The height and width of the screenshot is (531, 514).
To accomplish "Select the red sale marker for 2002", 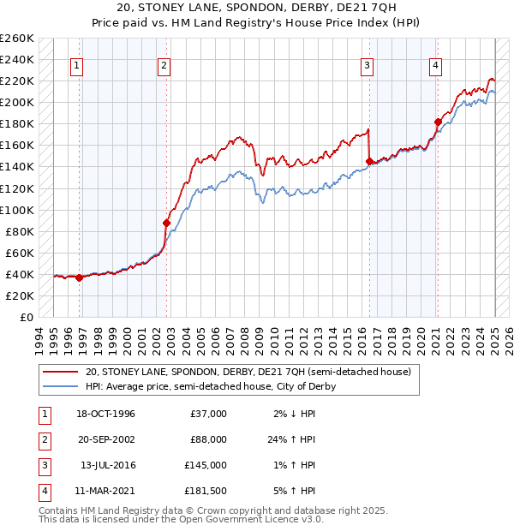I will coord(167,223).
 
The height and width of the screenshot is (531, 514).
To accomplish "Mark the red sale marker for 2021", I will coord(437,122).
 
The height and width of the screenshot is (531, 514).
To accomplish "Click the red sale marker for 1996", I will coord(79,277).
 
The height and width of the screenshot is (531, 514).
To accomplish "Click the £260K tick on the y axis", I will coord(17,39).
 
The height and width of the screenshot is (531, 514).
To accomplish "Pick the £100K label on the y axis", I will coord(17,210).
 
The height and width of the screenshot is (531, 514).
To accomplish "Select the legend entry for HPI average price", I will coord(211,387).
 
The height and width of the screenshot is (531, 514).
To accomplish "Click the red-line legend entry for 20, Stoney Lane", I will coord(248,372).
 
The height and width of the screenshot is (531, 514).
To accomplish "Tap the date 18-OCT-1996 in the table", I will coord(106,414).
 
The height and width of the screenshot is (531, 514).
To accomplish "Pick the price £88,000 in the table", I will coord(208,439).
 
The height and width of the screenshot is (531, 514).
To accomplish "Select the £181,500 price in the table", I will coord(205,491).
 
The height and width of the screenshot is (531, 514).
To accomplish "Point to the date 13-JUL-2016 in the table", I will coord(107,465).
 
